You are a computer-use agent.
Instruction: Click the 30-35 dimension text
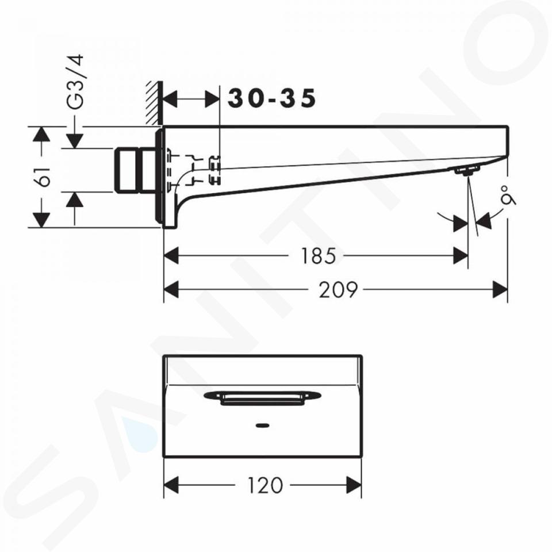pyautogui.click(x=272, y=98)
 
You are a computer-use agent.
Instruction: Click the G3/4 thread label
pyautogui.click(x=75, y=81)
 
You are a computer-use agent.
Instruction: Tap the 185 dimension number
pyautogui.click(x=318, y=256)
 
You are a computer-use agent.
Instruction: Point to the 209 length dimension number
pyautogui.click(x=338, y=290)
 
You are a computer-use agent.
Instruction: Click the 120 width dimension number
pyautogui.click(x=265, y=485)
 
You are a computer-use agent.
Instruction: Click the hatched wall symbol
pyautogui.click(x=154, y=103)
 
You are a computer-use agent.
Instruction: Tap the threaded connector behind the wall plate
pyautogui.click(x=136, y=170)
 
